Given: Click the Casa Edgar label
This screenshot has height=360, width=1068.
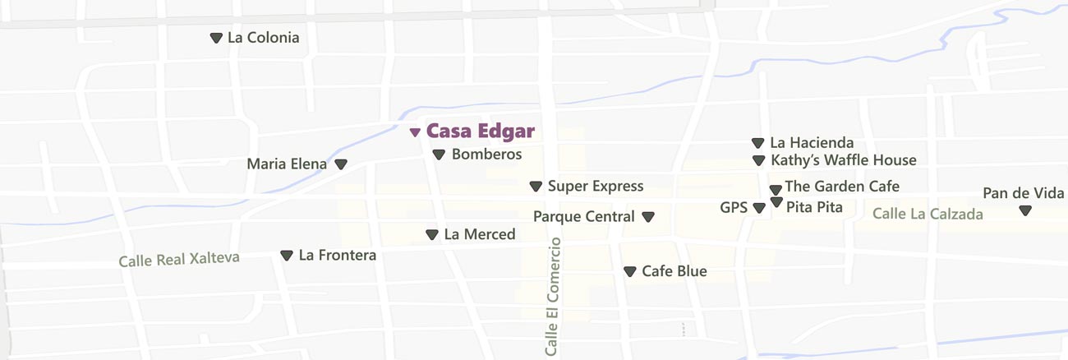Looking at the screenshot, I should (481, 131).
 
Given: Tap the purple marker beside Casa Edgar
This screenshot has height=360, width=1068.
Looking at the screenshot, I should (415, 132).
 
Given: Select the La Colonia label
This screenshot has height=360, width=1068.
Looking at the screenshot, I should (263, 38).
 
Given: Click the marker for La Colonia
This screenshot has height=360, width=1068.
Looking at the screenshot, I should (216, 38).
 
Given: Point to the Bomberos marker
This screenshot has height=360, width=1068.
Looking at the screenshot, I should (439, 155).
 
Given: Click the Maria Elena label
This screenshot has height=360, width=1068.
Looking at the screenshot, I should (287, 164).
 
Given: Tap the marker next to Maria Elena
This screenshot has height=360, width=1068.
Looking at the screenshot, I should (341, 164).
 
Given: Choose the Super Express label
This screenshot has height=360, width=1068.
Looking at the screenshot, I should (596, 187).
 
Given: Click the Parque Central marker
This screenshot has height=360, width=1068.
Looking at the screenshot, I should (648, 217).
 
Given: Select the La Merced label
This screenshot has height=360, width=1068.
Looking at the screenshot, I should (480, 234).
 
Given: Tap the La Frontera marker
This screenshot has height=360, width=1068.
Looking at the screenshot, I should (287, 256).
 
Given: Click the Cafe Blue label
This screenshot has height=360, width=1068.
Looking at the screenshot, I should (674, 271).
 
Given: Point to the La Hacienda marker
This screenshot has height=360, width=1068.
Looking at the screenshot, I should (757, 143).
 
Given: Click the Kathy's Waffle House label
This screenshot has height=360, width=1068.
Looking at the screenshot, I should (843, 160).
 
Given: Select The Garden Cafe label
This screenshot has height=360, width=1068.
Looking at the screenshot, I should (842, 187).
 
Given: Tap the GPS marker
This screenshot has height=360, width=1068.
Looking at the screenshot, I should (758, 208).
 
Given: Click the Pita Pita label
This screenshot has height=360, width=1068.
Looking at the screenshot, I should (814, 207).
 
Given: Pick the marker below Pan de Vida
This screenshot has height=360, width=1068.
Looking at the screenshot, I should (1025, 210).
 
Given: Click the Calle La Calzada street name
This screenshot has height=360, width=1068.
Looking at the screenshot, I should (928, 214).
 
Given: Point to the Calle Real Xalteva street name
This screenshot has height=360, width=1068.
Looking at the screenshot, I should (179, 259).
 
